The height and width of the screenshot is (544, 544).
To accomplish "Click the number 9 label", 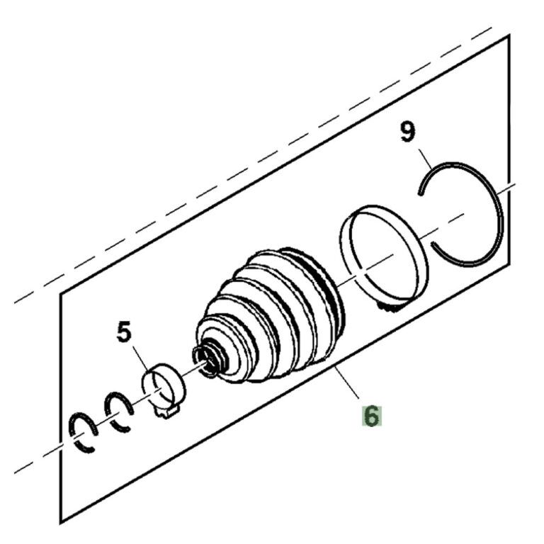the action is pos(408,132).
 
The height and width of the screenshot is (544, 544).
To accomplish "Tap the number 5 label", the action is pos(125,331).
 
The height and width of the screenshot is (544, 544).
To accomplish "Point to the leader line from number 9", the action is pos(425,159).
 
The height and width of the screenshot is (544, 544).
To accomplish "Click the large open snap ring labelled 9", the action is pos(460,214).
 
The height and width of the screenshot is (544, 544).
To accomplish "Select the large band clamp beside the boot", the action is pos(383,258).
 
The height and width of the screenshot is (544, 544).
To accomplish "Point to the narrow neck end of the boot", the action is pos(208,359).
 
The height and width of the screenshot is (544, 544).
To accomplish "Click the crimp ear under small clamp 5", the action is pos(166,413).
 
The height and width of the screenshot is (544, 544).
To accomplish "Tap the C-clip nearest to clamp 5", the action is pos(119,412).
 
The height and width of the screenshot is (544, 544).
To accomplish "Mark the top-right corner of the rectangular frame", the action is pos(509,35).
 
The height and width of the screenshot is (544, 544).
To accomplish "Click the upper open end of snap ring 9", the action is pos(420,193).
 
